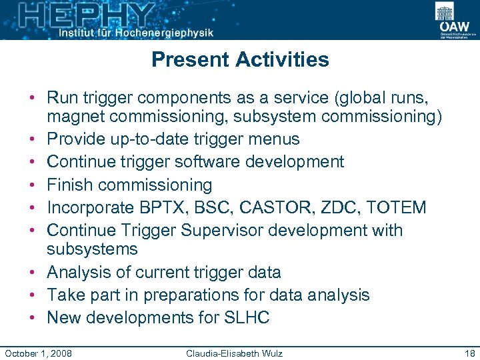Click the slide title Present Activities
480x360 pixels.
coord(240,59)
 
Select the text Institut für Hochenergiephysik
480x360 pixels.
coord(136,32)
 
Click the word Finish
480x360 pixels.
coord(71,185)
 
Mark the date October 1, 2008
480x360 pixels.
coord(39,353)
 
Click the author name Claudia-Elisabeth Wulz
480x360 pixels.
coord(234,353)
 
